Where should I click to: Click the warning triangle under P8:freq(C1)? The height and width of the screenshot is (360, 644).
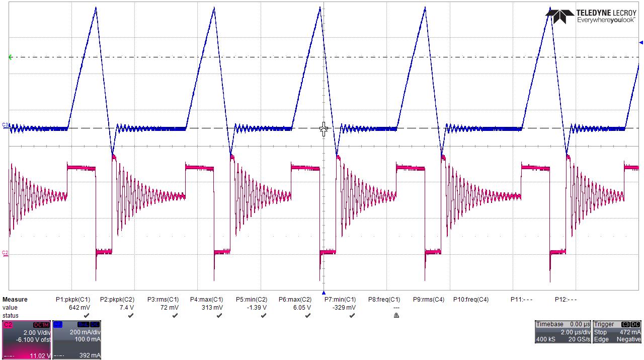click(396, 316)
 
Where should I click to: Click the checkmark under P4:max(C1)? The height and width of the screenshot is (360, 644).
click(219, 316)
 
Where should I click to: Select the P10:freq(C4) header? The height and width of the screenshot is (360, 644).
click(471, 300)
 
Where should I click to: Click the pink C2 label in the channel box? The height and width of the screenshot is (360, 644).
click(8, 325)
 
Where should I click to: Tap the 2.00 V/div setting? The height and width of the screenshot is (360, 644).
click(36, 332)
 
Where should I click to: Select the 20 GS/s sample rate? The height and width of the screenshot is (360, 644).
click(579, 339)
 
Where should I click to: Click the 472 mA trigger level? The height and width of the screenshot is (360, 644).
click(630, 332)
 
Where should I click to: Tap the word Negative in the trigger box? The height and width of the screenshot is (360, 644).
click(628, 339)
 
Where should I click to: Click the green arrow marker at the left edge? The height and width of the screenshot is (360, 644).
click(11, 57)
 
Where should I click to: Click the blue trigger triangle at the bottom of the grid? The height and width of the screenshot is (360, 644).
click(324, 293)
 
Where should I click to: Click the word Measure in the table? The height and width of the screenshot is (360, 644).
click(15, 300)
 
